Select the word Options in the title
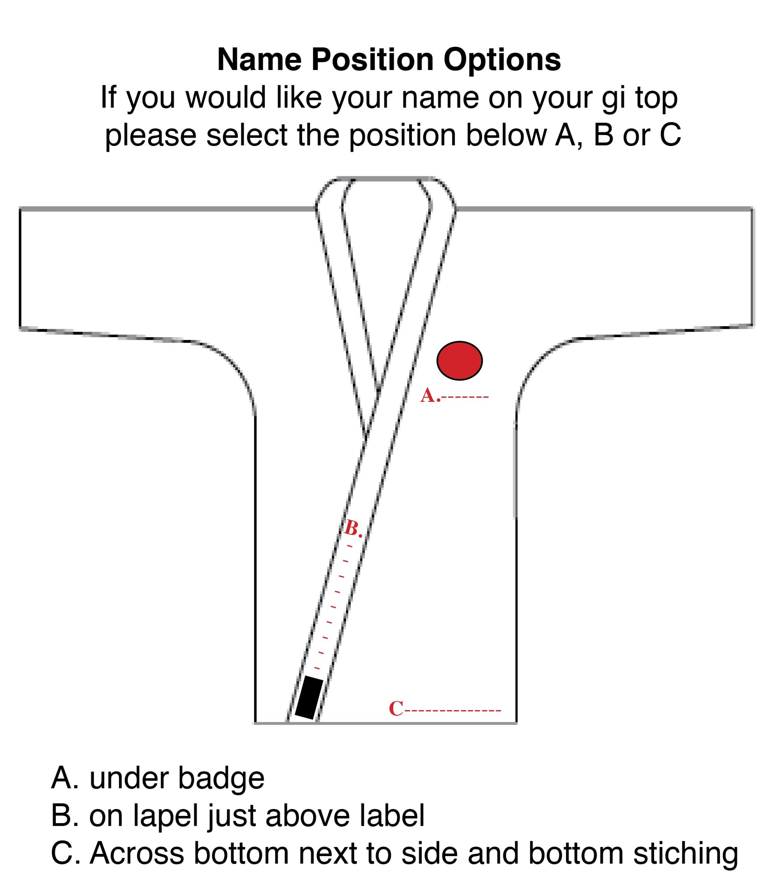[502, 60]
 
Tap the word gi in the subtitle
[614, 98]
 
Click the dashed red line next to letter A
[465, 397]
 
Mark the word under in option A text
[128, 778]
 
